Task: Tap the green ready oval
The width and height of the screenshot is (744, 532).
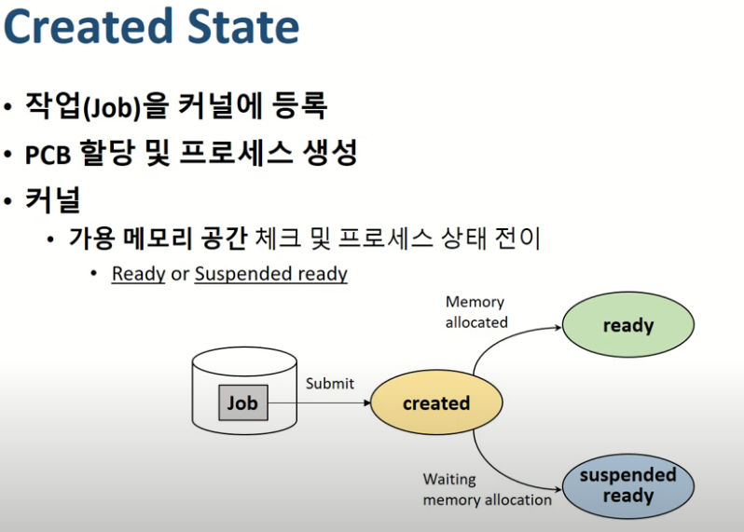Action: (627, 326)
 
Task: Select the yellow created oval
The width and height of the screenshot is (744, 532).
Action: (436, 403)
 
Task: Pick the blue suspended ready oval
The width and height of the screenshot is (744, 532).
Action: (627, 484)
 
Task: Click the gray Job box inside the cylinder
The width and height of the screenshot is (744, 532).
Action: (242, 403)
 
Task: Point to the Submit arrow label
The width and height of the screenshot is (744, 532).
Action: (330, 383)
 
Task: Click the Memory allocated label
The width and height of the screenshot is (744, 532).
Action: (475, 312)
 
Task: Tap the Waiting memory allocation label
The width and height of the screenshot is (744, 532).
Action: (487, 489)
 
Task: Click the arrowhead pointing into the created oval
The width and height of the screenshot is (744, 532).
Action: (365, 403)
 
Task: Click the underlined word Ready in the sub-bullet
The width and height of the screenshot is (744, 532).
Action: (138, 274)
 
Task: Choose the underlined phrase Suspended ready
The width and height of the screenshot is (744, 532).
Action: (270, 274)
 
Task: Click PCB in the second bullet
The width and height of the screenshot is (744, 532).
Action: (48, 153)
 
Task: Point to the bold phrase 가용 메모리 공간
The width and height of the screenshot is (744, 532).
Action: (157, 238)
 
